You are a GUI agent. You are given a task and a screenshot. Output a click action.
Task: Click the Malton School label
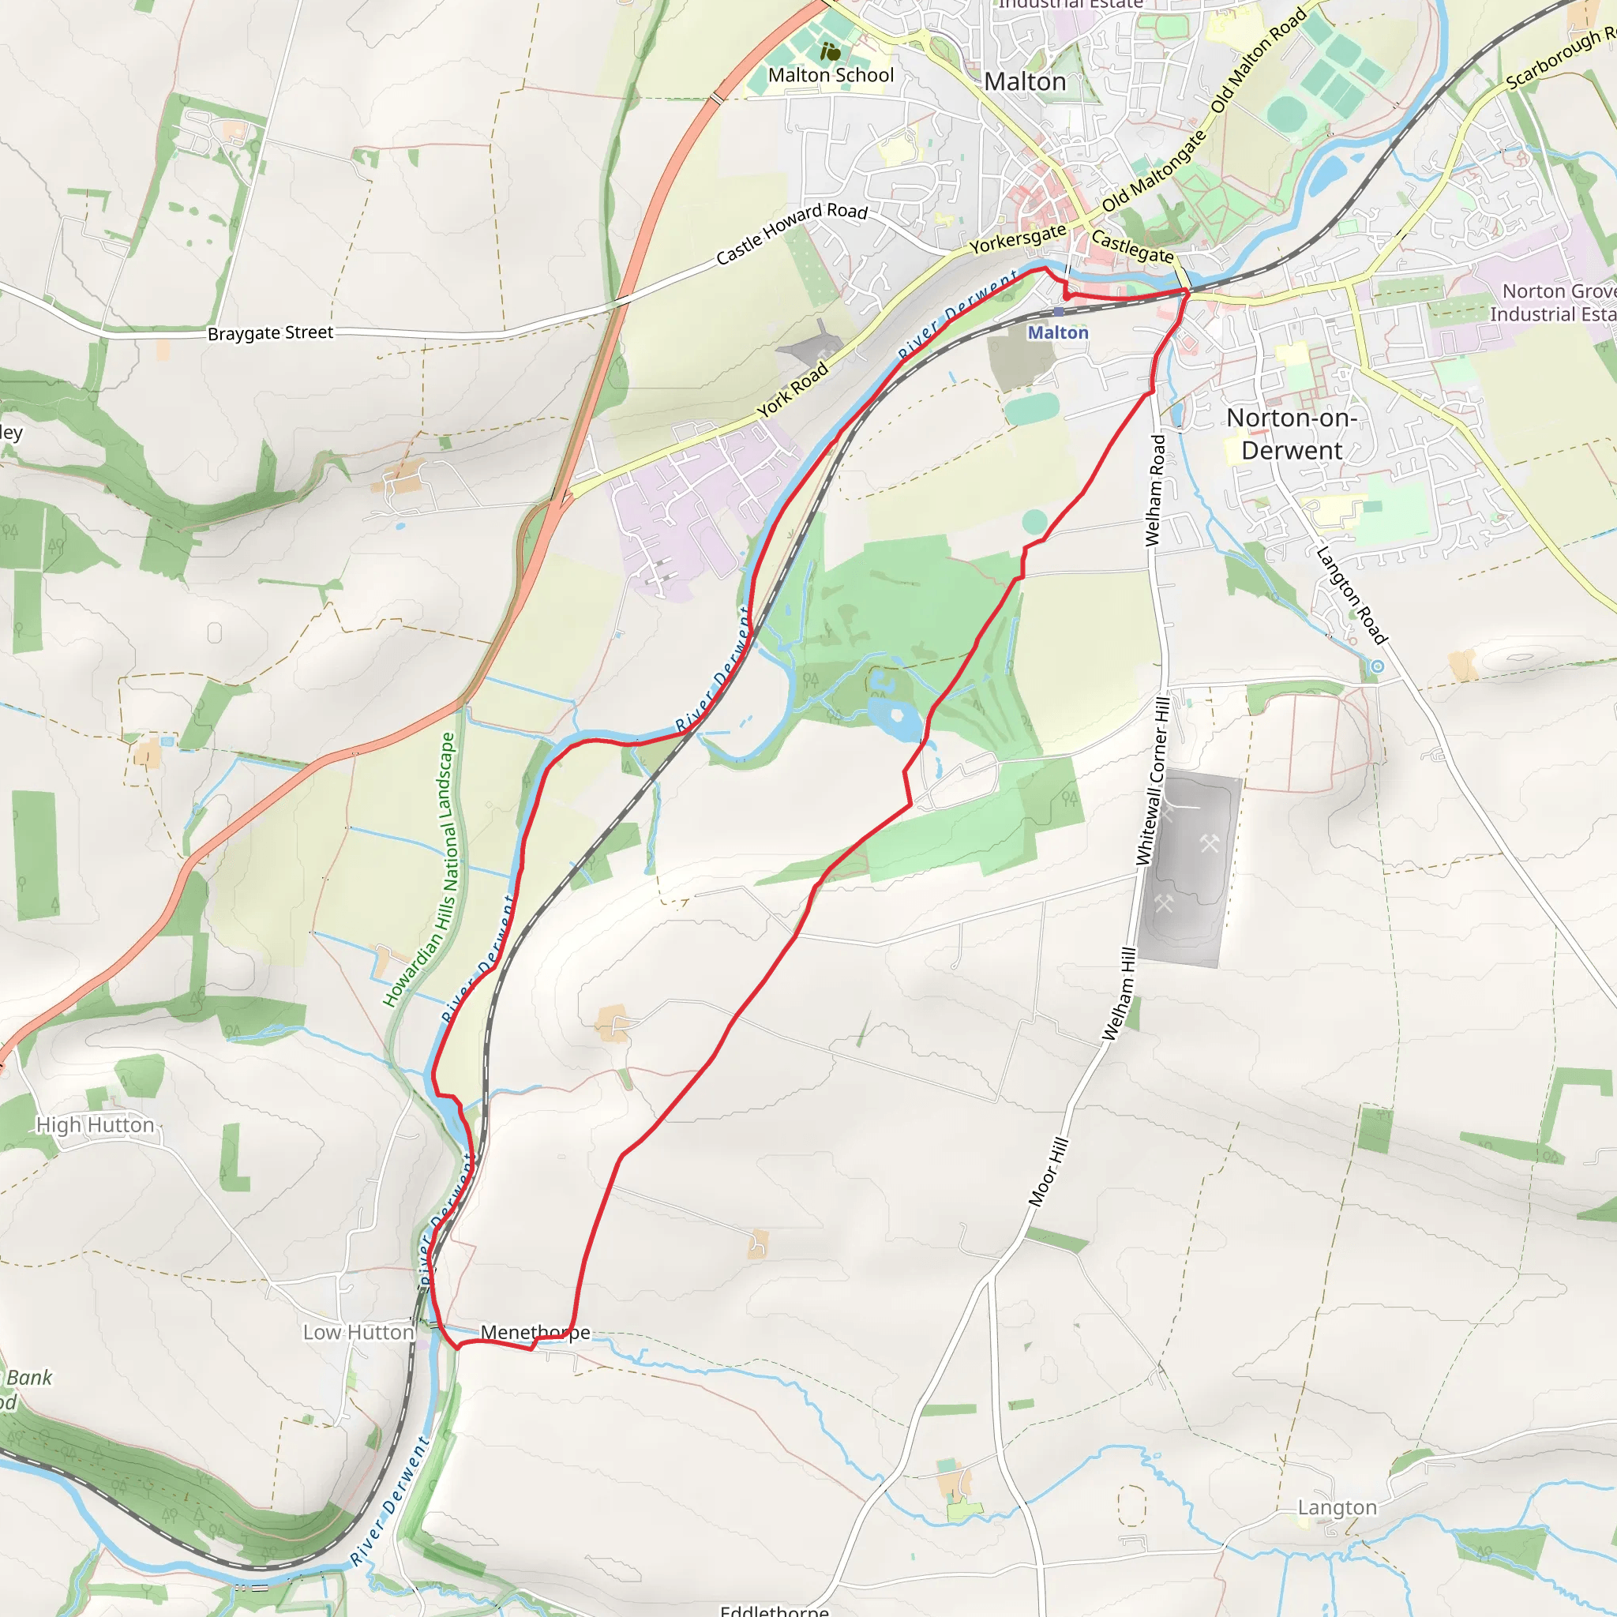tap(831, 75)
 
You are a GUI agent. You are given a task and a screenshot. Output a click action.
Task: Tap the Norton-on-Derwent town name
tap(1292, 433)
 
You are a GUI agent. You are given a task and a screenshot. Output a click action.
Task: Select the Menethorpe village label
tap(535, 1332)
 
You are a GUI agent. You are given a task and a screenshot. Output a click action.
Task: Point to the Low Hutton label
tap(358, 1332)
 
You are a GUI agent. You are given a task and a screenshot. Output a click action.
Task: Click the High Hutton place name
tap(96, 1125)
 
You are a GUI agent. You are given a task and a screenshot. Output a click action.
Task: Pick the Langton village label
tap(1337, 1507)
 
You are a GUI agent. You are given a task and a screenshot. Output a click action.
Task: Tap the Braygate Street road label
tap(270, 333)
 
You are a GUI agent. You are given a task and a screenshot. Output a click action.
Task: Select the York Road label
tap(793, 389)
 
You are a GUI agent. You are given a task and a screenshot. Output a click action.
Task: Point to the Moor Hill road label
tap(1048, 1172)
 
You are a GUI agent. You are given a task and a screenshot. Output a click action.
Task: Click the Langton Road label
tap(1351, 595)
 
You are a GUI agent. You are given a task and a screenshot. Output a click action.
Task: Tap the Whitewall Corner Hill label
tap(1153, 781)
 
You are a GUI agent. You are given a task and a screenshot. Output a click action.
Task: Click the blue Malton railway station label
tap(1058, 332)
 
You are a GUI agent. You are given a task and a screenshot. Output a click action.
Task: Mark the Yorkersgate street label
tap(1018, 239)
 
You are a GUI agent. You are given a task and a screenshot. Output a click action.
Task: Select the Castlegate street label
tap(1132, 246)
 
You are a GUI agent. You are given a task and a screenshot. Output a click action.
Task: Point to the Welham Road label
tap(1155, 490)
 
